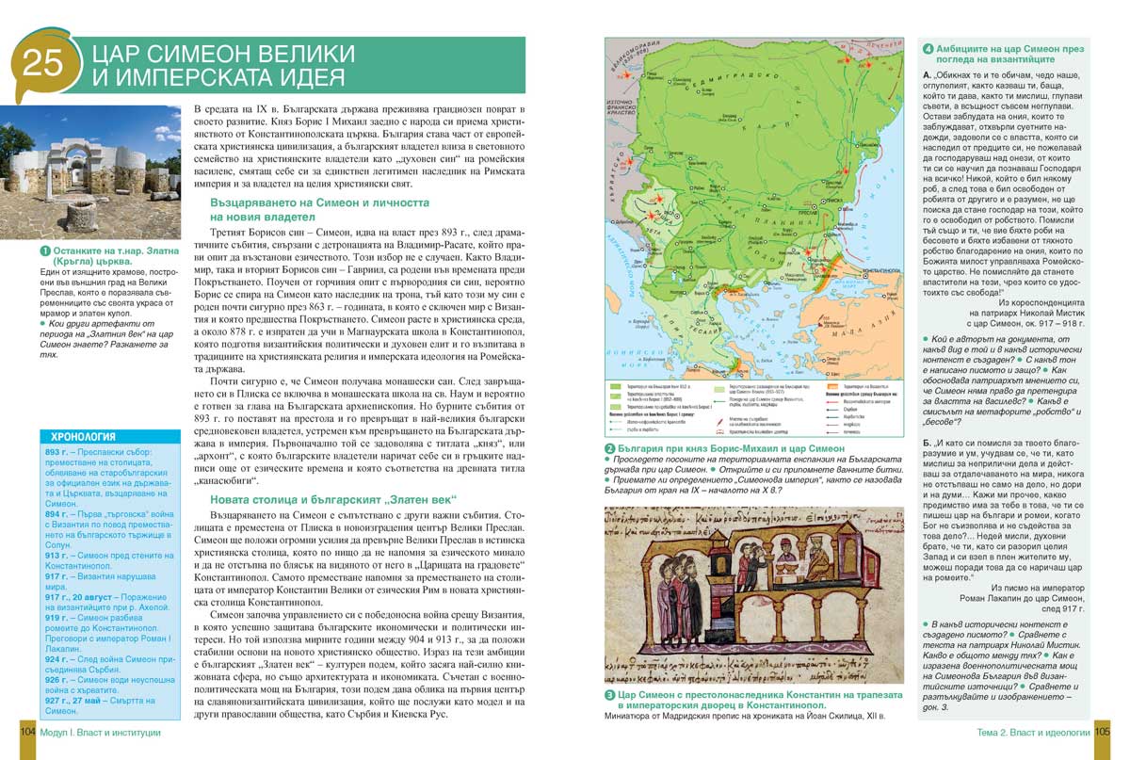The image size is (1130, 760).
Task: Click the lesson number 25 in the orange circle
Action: [x=41, y=63]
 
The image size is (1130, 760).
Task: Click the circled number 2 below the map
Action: [x=610, y=448]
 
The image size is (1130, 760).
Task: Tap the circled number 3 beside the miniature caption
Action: [x=610, y=695]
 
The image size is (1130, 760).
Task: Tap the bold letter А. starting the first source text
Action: [x=928, y=73]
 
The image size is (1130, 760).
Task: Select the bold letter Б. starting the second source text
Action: [x=928, y=441]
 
